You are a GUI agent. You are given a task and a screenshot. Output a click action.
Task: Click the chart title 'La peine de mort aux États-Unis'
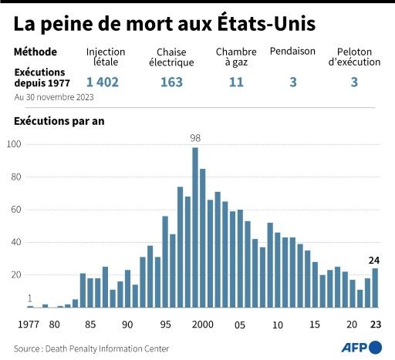pyautogui.click(x=164, y=23)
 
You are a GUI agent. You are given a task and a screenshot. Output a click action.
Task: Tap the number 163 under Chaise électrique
pyautogui.click(x=171, y=82)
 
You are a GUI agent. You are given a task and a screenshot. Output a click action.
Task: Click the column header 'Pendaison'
pyautogui.click(x=293, y=52)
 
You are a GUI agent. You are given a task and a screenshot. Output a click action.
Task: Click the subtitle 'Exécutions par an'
pyautogui.click(x=59, y=121)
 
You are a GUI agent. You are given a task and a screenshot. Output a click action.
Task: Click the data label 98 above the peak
pyautogui.click(x=195, y=139)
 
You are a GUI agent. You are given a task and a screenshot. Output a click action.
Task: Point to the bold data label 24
pyautogui.click(x=375, y=260)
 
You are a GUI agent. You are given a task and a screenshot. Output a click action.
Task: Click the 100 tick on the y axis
pyautogui.click(x=14, y=144)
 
